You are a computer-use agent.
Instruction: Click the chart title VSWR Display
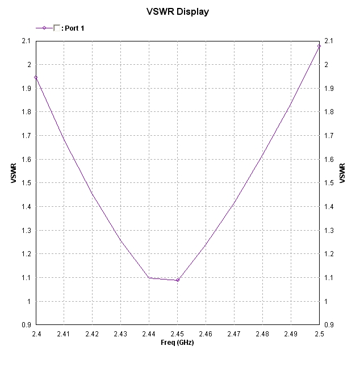point(177,11)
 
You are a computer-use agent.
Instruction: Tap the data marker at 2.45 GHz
point(177,280)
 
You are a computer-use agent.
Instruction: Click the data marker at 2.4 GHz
point(35,77)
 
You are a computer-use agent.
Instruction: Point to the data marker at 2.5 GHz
point(319,46)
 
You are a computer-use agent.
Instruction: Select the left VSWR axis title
point(13,173)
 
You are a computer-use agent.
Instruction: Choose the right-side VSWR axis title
point(342,173)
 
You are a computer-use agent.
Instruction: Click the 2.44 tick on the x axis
point(149,334)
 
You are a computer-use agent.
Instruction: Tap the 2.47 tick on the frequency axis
point(234,334)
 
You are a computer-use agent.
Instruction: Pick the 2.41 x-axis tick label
point(64,334)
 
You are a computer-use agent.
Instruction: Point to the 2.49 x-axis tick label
point(291,334)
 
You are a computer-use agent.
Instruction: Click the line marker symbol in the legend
point(44,28)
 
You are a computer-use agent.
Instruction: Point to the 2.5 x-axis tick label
point(319,334)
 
